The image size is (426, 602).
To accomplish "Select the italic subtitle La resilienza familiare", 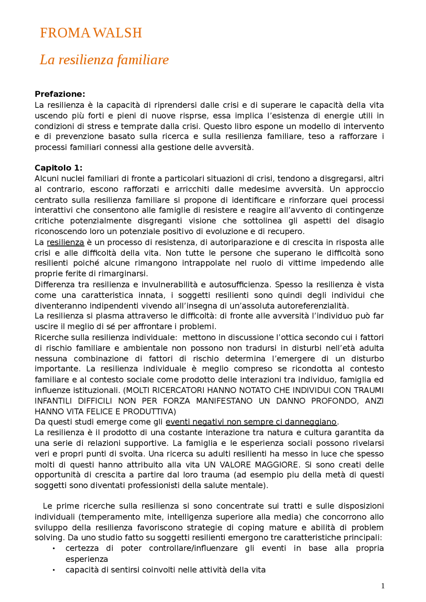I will click(104, 60).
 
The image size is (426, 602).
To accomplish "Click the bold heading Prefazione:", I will click(60, 94).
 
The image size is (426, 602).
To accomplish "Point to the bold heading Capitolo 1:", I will click(59, 168).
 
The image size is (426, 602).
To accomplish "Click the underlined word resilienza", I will click(65, 242).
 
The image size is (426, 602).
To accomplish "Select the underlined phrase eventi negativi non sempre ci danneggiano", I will click(251, 422).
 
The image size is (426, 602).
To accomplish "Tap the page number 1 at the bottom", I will click(383, 586).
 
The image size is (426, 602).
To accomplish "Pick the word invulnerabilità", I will click(169, 285).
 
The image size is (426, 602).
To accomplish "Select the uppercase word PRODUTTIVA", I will click(149, 412).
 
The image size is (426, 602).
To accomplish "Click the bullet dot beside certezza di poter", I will click(54, 549).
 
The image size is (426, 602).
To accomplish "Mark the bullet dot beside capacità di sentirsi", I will click(54, 570).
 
